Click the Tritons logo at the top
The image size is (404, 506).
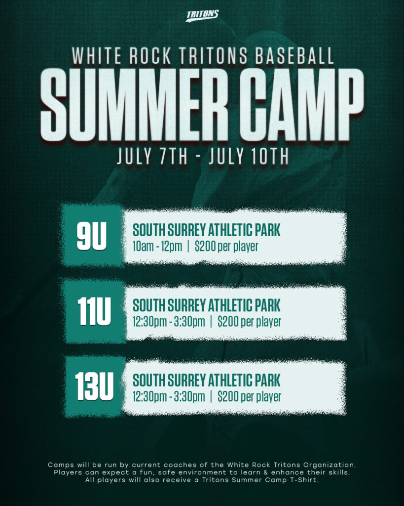pyautogui.click(x=202, y=16)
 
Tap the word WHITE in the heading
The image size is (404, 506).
pyautogui.click(x=97, y=56)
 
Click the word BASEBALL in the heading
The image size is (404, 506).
pyautogui.click(x=294, y=56)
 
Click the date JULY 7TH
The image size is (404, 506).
pyautogui.click(x=152, y=156)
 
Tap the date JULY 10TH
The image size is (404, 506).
pyautogui.click(x=249, y=156)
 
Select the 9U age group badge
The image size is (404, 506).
pyautogui.click(x=92, y=236)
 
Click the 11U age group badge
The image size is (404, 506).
pyautogui.click(x=94, y=311)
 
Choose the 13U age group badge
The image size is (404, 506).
pyautogui.click(x=94, y=386)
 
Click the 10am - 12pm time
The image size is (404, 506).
pyautogui.click(x=157, y=247)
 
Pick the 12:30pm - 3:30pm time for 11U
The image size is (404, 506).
pyautogui.click(x=169, y=322)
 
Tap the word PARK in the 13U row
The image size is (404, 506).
pyautogui.click(x=268, y=380)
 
